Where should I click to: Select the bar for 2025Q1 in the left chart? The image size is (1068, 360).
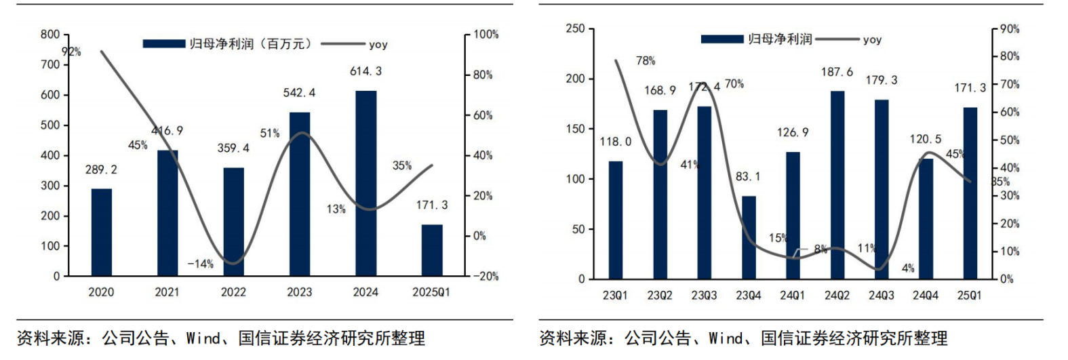point(431,250)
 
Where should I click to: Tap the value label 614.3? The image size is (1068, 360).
point(365,71)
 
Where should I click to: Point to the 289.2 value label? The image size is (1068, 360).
point(101,169)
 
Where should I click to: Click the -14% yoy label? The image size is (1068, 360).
point(200,264)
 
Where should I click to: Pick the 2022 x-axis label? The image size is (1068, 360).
point(233,292)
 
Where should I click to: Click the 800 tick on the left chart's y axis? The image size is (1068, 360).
point(50,35)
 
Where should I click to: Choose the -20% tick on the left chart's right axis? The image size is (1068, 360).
point(485,276)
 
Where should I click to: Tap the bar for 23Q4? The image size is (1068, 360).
point(749,237)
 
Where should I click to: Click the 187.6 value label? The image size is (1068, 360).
point(837,72)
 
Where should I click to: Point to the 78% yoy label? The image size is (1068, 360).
point(646,61)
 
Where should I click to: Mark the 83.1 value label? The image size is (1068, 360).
point(748,176)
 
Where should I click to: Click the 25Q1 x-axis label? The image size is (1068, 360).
point(969,296)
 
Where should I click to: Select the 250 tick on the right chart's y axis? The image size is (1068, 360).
point(575,28)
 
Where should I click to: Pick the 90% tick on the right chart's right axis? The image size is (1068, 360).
point(1010,28)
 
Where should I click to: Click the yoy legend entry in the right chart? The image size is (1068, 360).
point(871,39)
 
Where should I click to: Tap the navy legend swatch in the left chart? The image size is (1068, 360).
point(163,44)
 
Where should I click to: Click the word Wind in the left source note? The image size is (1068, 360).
point(203,338)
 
